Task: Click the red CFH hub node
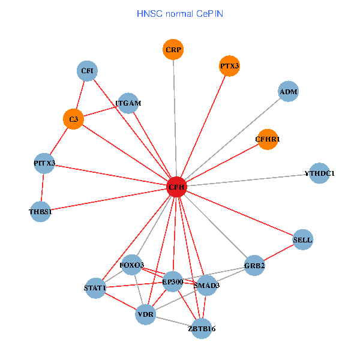[x=176, y=187]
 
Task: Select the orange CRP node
[x=173, y=49]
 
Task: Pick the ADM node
[x=289, y=92]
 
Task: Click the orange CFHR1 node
[x=268, y=139]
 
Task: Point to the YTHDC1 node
[x=319, y=173]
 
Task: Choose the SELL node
[x=302, y=240]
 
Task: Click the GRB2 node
[x=255, y=265]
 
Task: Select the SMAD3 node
[x=206, y=286]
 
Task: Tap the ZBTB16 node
[x=202, y=328]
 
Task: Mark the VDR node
[x=146, y=314]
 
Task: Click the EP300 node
[x=173, y=281]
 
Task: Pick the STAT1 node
[x=95, y=288]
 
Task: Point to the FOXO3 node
[x=132, y=265]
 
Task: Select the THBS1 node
[x=41, y=211]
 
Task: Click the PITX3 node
[x=44, y=163]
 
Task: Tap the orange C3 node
[x=73, y=119]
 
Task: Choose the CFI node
[x=87, y=71]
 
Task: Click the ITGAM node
[x=128, y=103]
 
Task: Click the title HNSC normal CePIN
[x=180, y=13]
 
